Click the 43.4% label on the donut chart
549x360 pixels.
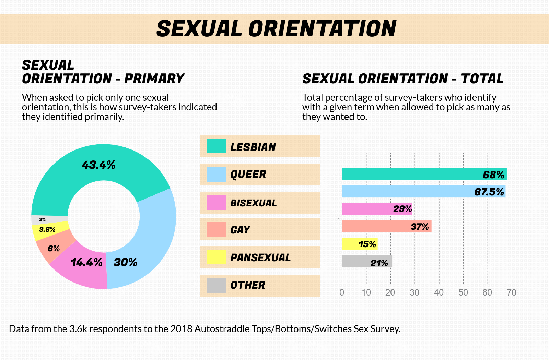(x=99, y=165)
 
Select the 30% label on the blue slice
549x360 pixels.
(x=125, y=262)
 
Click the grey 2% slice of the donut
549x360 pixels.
(x=49, y=220)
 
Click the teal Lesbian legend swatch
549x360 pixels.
(x=216, y=146)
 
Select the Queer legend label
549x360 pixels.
(x=248, y=175)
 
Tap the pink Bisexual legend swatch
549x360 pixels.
(x=216, y=203)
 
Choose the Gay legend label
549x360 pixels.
(x=240, y=230)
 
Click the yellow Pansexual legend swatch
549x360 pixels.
(x=216, y=257)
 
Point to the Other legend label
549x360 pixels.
(x=247, y=285)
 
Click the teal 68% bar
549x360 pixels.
(x=424, y=174)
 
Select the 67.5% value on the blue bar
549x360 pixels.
(x=489, y=192)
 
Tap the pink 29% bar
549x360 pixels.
(x=377, y=209)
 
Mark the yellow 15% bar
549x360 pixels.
(x=360, y=244)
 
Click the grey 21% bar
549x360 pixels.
(x=367, y=261)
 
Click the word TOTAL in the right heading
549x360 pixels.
(x=482, y=79)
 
